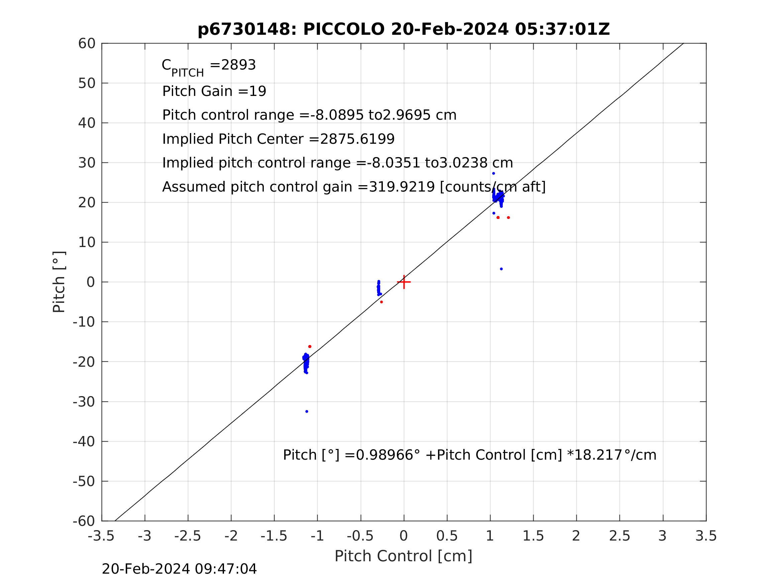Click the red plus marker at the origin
404,282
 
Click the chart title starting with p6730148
404,29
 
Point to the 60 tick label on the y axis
87,44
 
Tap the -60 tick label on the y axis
84,521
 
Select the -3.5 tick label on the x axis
101,536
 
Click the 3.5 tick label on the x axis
706,536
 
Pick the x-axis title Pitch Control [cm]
404,556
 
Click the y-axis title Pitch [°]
59,282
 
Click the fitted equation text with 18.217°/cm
469,455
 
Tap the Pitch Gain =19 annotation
214,91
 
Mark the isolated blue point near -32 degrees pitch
307,412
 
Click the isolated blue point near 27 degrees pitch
494,173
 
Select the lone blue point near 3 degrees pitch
502,269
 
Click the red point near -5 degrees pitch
381,302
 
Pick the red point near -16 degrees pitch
310,347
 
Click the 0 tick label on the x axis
404,536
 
